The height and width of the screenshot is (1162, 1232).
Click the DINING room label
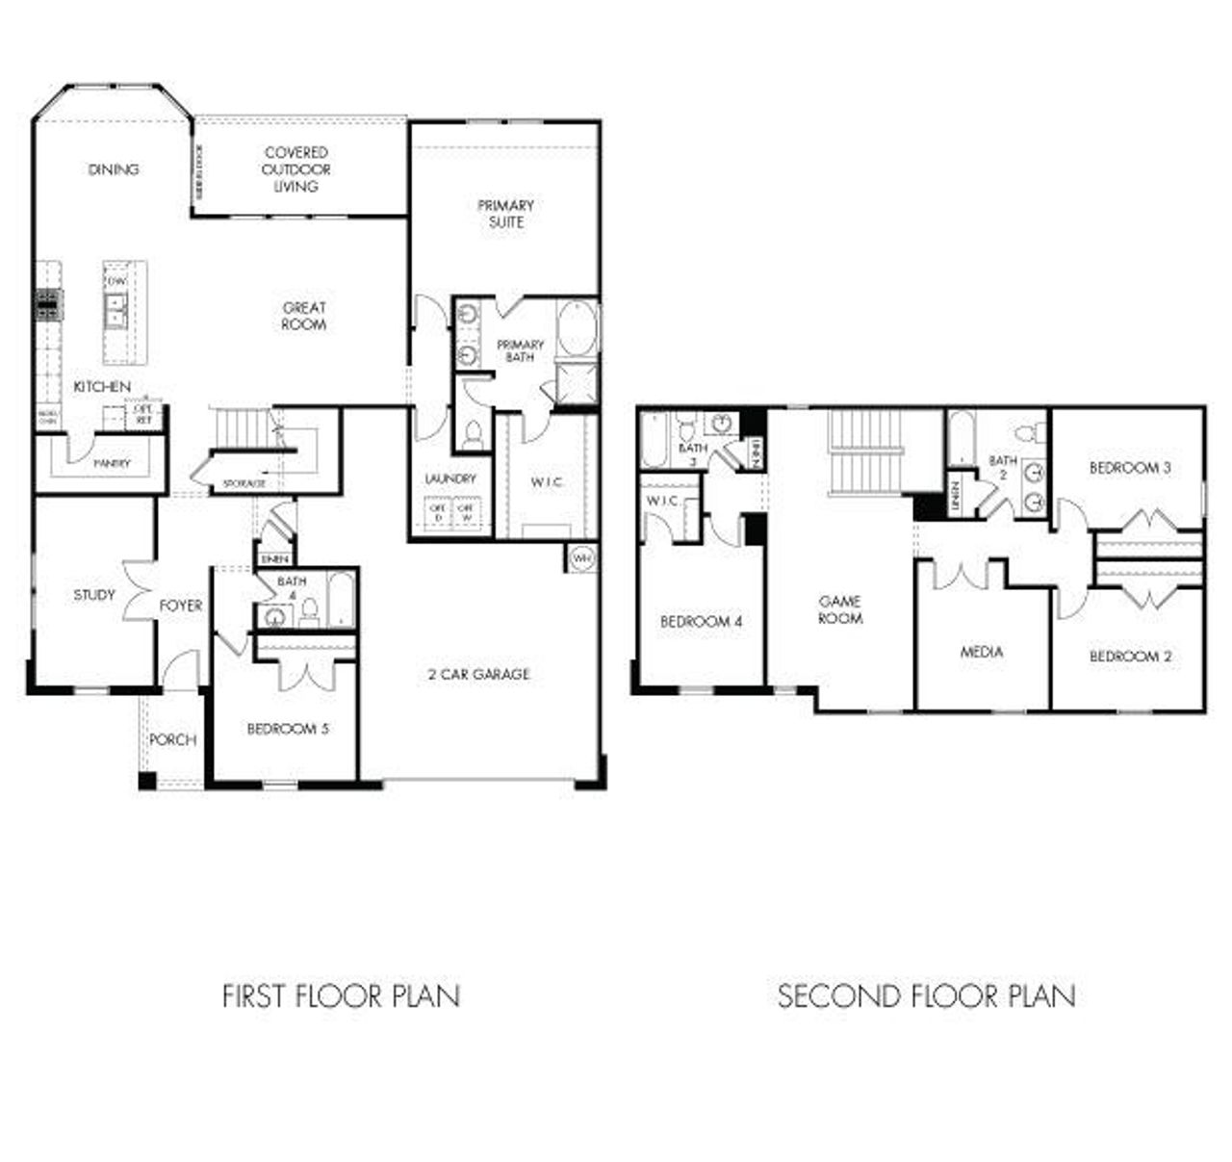point(114,169)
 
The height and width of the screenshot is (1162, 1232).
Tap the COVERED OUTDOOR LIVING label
point(296,169)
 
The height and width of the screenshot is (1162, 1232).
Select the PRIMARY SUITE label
point(505,214)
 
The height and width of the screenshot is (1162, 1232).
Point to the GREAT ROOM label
point(304,317)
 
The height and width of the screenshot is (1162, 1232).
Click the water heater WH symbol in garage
point(582,558)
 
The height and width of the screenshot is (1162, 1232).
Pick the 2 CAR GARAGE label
point(478,674)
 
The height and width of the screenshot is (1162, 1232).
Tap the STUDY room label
point(94,595)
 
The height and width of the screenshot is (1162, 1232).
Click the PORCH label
point(172,739)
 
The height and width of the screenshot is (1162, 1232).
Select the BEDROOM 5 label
point(288,729)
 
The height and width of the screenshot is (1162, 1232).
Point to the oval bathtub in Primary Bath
point(577,329)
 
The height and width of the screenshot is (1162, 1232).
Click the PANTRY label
point(112,463)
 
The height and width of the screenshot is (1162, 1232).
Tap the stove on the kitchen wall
point(48,304)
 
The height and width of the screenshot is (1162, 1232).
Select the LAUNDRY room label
point(450,478)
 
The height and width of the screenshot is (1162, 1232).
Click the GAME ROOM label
point(840,609)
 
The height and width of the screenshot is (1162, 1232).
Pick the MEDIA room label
point(982,652)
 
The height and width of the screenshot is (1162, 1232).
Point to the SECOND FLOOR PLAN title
point(926,995)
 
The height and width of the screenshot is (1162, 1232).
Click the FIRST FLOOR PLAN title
point(341,995)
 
